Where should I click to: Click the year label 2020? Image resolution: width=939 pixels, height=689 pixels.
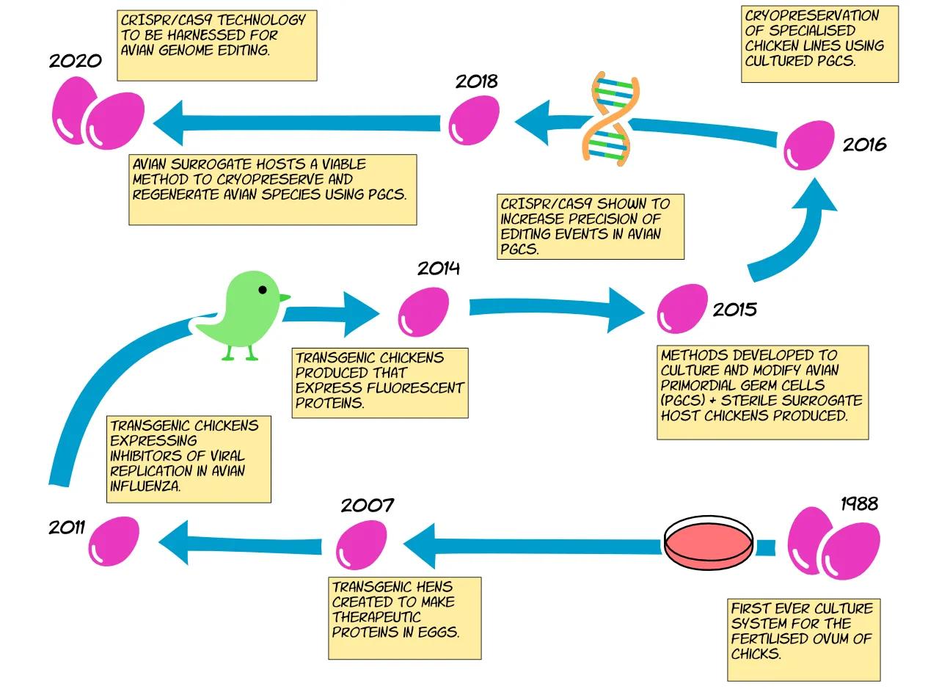point(76,61)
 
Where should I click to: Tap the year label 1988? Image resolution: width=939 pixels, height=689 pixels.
point(859,503)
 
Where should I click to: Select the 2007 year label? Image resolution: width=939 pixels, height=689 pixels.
point(368,506)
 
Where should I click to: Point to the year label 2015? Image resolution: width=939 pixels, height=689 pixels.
point(735,310)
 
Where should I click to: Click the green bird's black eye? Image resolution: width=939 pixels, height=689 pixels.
point(263,290)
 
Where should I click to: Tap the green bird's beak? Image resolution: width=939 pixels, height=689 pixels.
point(285,297)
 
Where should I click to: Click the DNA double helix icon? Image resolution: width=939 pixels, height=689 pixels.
point(610,119)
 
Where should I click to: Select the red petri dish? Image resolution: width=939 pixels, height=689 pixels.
point(709,544)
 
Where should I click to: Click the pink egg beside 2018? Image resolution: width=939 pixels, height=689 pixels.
point(474,120)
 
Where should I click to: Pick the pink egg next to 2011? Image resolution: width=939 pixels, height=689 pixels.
point(114,542)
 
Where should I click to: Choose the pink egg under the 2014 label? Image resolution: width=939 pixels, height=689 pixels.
point(423,312)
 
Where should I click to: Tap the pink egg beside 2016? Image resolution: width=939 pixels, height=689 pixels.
point(809,145)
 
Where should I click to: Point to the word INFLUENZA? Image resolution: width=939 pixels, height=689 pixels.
point(145,486)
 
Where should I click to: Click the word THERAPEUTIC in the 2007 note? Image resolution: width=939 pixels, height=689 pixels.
point(376,617)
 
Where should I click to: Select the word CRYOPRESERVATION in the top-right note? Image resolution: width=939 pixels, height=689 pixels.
point(811,15)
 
